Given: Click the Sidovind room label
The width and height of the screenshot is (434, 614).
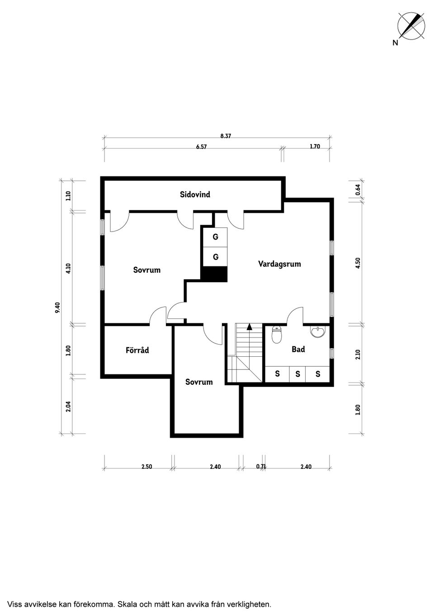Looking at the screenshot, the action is coord(195,194).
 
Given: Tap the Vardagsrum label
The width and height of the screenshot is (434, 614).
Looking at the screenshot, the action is coord(279,264).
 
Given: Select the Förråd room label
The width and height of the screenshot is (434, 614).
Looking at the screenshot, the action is coord(137,350).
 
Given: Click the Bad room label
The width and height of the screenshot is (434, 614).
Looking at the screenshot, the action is coord(298,349).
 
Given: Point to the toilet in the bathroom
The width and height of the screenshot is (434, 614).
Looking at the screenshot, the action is coord(277,335).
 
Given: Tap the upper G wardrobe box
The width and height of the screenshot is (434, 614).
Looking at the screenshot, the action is coord(215,237).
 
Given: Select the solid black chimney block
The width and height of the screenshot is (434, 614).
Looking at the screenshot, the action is coord(214,274).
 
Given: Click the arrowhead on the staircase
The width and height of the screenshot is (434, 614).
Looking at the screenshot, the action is coord(250,326).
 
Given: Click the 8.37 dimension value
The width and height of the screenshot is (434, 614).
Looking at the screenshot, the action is coord(226,136).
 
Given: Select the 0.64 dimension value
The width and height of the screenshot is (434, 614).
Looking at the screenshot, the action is coord(358,190).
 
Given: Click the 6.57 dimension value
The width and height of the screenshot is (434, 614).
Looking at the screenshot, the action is coord(201,147).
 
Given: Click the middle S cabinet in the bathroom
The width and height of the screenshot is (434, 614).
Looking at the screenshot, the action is coord(297,374).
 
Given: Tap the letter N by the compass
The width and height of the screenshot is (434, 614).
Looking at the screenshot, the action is coord(395,43).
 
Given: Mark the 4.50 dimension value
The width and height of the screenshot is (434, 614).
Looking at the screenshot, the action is coord(358,263).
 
